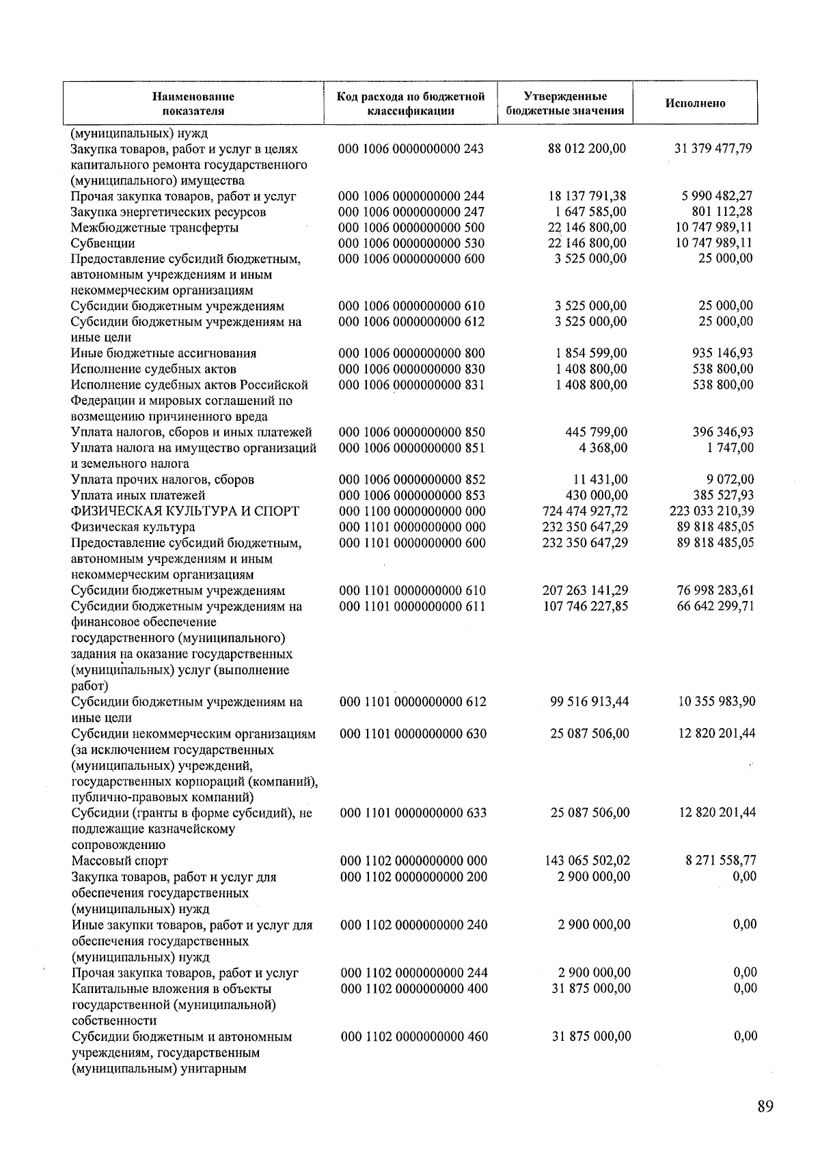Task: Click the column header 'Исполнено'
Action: point(695,104)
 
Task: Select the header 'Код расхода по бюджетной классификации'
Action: point(411,104)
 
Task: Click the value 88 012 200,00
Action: point(587,149)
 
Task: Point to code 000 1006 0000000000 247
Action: point(411,212)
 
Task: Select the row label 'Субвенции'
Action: point(103,244)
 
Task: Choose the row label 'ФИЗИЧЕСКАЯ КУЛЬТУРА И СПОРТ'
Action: point(185,512)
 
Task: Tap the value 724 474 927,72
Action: point(585,512)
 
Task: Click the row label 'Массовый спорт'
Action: point(120,861)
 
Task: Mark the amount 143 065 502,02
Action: point(586,861)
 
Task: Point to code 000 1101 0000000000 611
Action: point(412,606)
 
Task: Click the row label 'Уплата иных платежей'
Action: point(138,496)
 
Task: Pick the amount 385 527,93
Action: point(724,496)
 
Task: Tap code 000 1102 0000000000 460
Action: point(414,1037)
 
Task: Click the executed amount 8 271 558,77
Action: point(721,861)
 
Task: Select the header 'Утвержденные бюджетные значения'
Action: point(565,104)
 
